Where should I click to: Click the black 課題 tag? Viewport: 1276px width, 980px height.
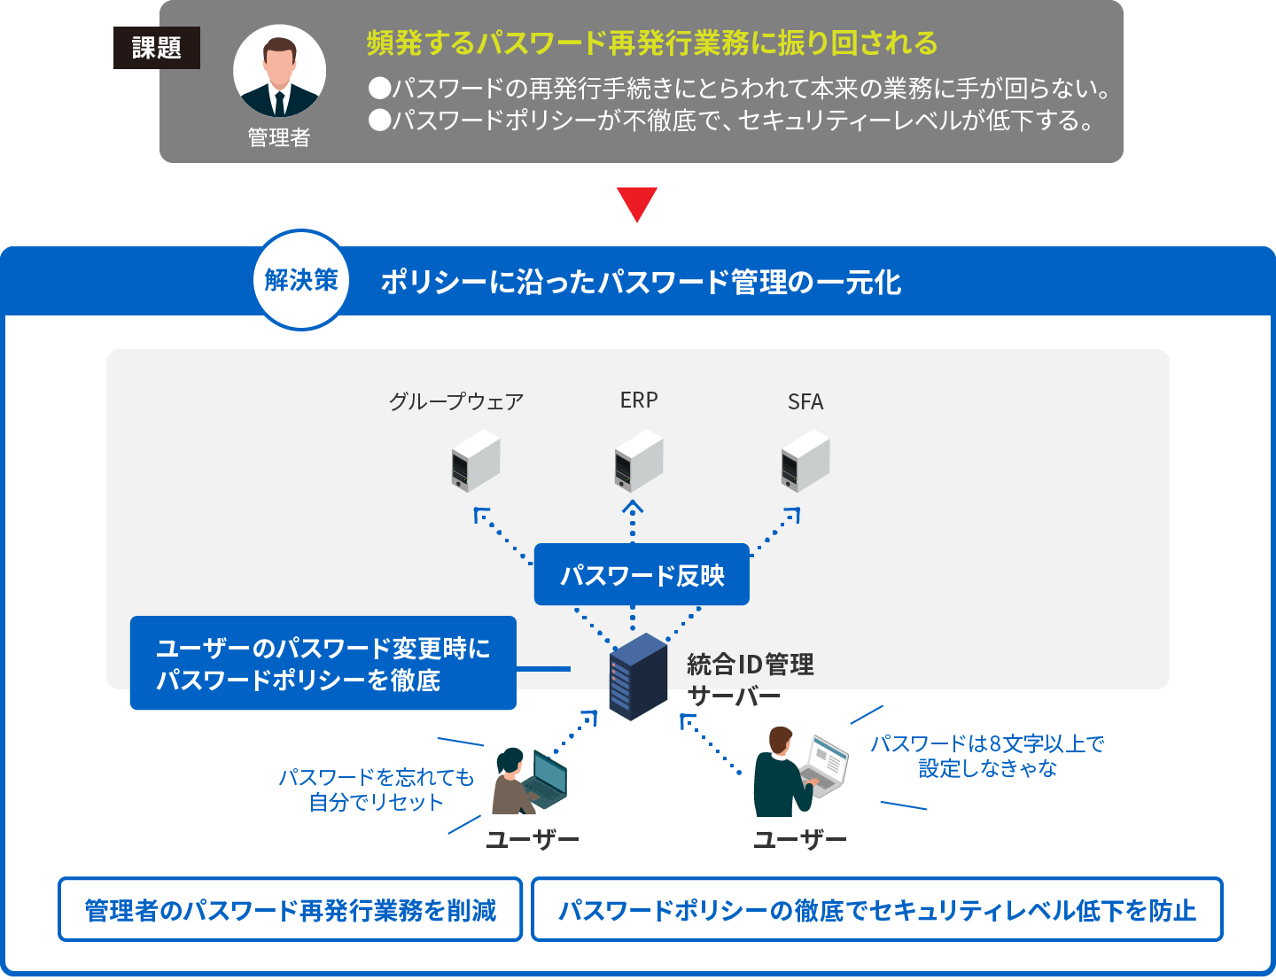[x=157, y=48]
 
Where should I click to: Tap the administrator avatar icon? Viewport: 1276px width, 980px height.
[x=279, y=72]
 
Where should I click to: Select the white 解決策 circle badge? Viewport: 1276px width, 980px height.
[x=301, y=280]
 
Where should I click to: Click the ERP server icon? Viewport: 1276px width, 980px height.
[x=639, y=461]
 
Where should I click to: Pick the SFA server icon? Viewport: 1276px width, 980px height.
[x=805, y=461]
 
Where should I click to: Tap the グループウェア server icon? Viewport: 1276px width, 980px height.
[x=476, y=461]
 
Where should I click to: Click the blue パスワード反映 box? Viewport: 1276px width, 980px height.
[x=642, y=575]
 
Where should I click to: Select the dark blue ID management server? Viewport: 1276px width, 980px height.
[x=638, y=676]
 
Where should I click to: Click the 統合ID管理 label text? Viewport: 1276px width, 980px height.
[x=750, y=664]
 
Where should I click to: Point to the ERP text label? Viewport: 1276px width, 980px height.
[x=639, y=401]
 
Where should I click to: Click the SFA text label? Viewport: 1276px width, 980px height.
[x=805, y=402]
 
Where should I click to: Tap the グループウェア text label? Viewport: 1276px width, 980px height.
[x=456, y=401]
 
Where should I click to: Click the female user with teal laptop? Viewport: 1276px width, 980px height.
[x=528, y=781]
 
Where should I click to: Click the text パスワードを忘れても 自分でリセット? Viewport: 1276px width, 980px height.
[x=377, y=789]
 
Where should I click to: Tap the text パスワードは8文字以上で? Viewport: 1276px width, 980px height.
[x=987, y=744]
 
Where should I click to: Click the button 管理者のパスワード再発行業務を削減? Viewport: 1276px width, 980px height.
[x=291, y=910]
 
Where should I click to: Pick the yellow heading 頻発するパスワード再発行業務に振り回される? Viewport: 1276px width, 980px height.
[x=652, y=43]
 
